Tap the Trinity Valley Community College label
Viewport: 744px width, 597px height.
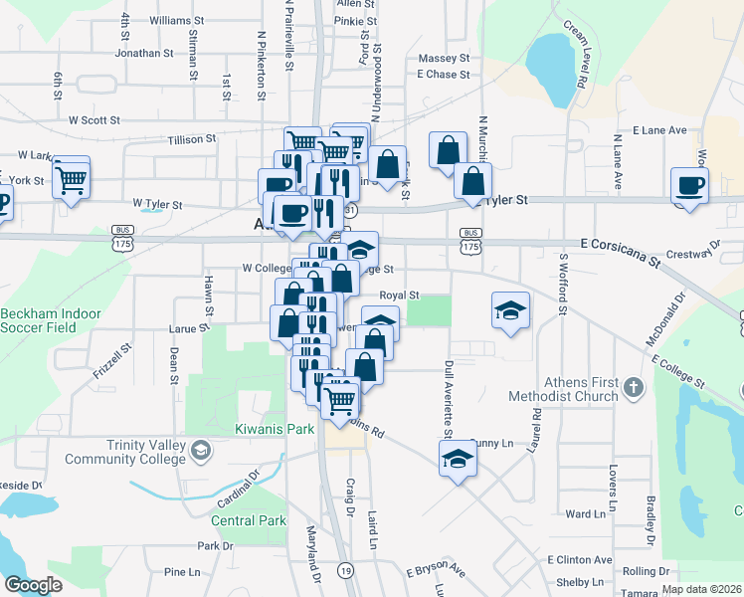click(125, 452)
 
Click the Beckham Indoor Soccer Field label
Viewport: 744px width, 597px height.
click(51, 320)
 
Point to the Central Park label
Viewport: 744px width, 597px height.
click(249, 520)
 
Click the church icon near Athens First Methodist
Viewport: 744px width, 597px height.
click(633, 385)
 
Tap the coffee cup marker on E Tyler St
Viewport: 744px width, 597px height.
click(690, 185)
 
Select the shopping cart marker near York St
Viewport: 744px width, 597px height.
click(71, 179)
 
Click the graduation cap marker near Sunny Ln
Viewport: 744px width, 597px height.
click(458, 459)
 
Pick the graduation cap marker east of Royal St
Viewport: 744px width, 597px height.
click(510, 310)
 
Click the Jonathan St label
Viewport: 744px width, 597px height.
click(151, 53)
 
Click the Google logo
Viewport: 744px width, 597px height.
click(33, 585)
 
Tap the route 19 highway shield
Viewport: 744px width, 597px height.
click(345, 570)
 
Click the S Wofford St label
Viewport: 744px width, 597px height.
click(563, 284)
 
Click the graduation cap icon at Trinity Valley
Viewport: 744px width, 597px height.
click(202, 452)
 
